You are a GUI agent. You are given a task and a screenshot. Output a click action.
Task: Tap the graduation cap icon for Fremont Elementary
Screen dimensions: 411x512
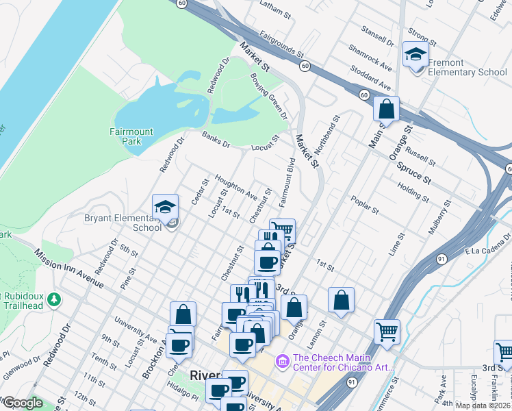pyautogui.click(x=415, y=53)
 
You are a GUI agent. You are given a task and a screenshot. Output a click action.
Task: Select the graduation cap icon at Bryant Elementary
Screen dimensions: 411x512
pyautogui.click(x=165, y=207)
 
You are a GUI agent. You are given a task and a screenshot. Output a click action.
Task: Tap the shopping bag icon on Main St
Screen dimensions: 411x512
pyautogui.click(x=386, y=109)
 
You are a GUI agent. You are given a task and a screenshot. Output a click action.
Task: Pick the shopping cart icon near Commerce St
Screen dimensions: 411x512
pyautogui.click(x=387, y=332)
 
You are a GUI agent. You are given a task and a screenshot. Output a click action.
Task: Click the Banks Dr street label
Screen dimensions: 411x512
pyautogui.click(x=216, y=139)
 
